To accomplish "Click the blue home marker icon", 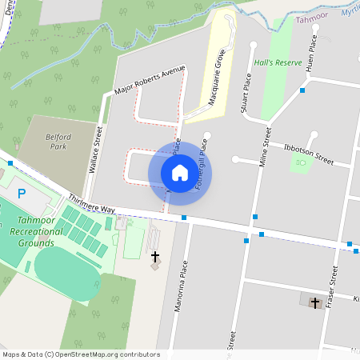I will pyautogui.click(x=180, y=172).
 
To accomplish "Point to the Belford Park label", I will pyautogui.click(x=58, y=142).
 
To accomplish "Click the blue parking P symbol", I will pyautogui.click(x=22, y=194).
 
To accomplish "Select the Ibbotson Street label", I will pyautogui.click(x=308, y=154).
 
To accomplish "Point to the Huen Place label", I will pyautogui.click(x=310, y=54).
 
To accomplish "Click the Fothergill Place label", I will pyautogui.click(x=202, y=165).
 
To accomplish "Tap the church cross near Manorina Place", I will pyautogui.click(x=155, y=257).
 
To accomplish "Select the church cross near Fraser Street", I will pyautogui.click(x=314, y=302).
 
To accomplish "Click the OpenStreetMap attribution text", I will pyautogui.click(x=81, y=354).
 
